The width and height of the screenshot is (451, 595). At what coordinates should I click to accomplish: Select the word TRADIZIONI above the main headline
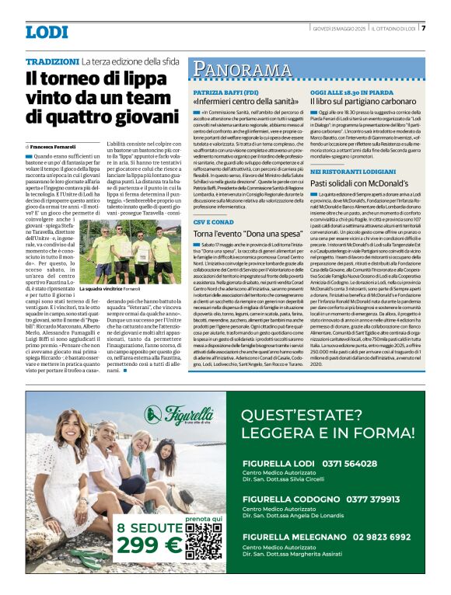(x=51, y=61)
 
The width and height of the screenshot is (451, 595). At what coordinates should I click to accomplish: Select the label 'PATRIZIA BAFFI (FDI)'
(x=225, y=92)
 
